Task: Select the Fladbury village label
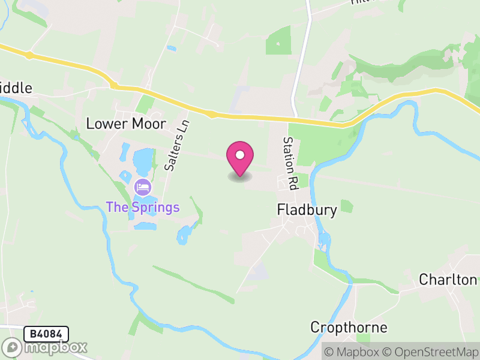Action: coord(307,209)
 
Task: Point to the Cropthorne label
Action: coord(349,328)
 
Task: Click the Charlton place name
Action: coord(448,280)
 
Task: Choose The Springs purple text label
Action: coord(143,208)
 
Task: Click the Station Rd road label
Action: coord(291,163)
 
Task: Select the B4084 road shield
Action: coord(46,334)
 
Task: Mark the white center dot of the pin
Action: coord(240,155)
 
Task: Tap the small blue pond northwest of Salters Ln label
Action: coord(172,48)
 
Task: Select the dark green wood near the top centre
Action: coord(278,40)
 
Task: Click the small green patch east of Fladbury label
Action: coord(346,206)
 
